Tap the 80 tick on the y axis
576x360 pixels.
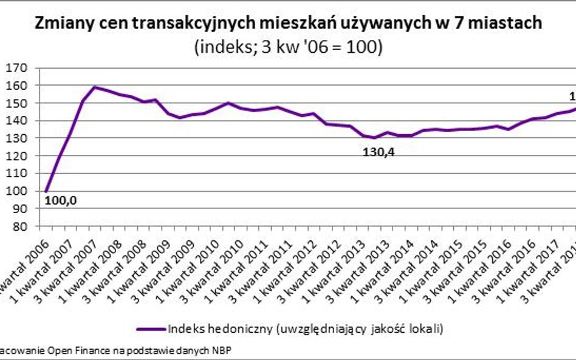point(16,226)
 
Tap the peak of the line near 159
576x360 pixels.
point(95,87)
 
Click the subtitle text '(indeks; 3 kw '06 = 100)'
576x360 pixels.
point(288,48)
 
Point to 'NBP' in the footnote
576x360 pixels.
point(221,350)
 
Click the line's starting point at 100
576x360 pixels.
point(46,191)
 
